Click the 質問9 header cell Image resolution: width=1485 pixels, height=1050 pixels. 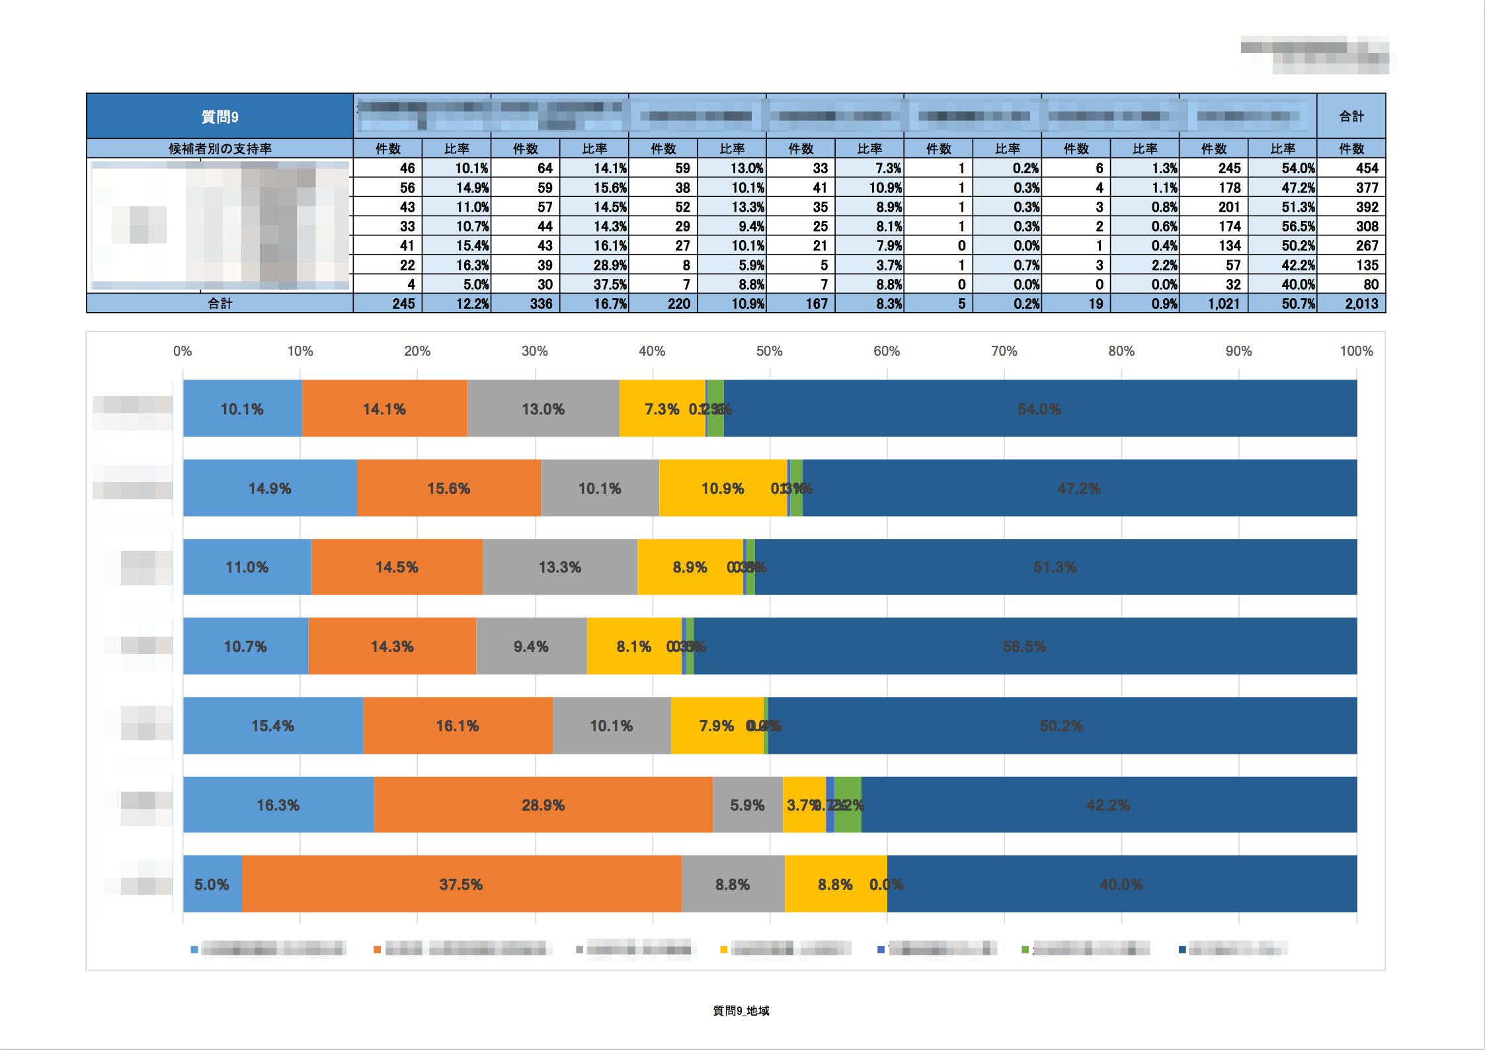tap(220, 116)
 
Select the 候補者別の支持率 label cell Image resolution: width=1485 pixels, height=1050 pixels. tap(220, 149)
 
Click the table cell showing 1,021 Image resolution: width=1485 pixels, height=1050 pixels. tap(1223, 303)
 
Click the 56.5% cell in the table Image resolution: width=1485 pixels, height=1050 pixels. tap(1298, 226)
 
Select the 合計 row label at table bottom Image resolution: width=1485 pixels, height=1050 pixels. tap(220, 303)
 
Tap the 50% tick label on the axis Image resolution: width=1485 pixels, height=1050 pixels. tap(769, 351)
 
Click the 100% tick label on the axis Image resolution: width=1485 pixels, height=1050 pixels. tap(1356, 351)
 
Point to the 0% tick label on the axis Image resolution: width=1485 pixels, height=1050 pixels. tap(182, 351)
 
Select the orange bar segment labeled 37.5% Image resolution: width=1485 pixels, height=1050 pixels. tap(461, 884)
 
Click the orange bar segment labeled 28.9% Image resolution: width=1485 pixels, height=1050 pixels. tap(543, 805)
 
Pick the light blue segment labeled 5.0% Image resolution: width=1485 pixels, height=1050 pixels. tap(212, 884)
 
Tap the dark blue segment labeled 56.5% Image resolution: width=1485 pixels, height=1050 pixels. tap(1024, 646)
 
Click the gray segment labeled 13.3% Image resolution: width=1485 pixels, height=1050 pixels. tap(559, 567)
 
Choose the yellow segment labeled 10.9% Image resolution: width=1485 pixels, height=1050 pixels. tap(722, 488)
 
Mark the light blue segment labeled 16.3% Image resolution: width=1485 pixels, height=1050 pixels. tap(278, 805)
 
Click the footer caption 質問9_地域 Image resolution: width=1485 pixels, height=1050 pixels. tap(741, 1010)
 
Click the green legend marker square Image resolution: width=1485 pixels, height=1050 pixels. tap(1025, 950)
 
